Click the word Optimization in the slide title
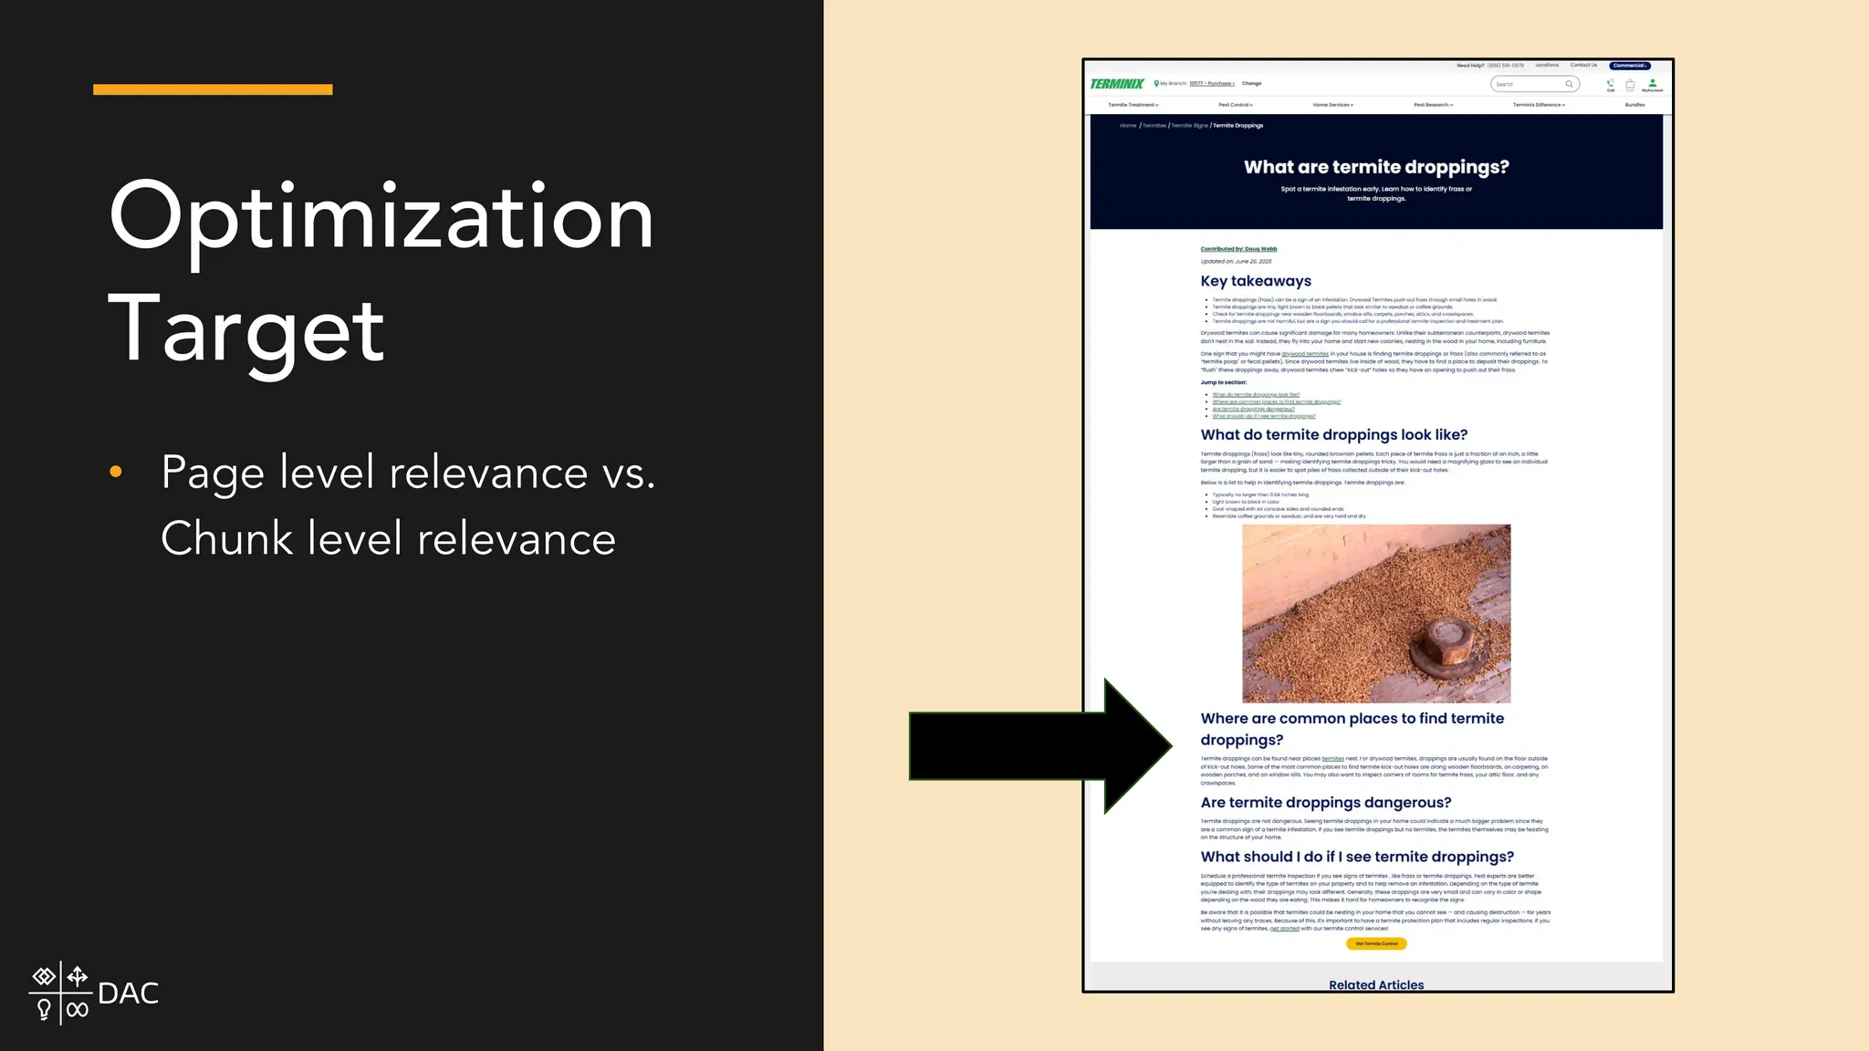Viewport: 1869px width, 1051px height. pos(381,217)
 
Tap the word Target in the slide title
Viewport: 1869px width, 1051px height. pos(246,330)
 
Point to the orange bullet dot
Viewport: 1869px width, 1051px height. pos(116,472)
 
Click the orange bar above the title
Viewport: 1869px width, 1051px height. pos(213,89)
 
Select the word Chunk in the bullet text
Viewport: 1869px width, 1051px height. pos(227,538)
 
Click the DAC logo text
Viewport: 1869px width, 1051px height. pos(128,994)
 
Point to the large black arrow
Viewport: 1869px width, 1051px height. pos(1040,746)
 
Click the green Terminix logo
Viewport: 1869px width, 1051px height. pos(1116,84)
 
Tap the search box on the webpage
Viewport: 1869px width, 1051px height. pos(1533,84)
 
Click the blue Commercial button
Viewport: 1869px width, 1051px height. pos(1629,66)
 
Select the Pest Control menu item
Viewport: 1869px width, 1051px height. pos(1236,105)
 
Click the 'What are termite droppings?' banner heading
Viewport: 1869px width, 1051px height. pos(1376,167)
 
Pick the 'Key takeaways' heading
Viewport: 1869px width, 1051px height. pos(1256,281)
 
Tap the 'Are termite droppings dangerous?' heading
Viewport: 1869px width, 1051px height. pos(1325,803)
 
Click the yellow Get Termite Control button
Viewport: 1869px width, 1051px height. pos(1376,943)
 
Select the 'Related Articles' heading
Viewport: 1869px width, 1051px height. pos(1376,984)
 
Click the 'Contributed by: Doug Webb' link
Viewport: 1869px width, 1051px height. pos(1238,249)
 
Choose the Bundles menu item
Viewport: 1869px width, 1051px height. pos(1634,105)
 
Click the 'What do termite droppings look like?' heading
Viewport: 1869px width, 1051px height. pos(1333,435)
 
